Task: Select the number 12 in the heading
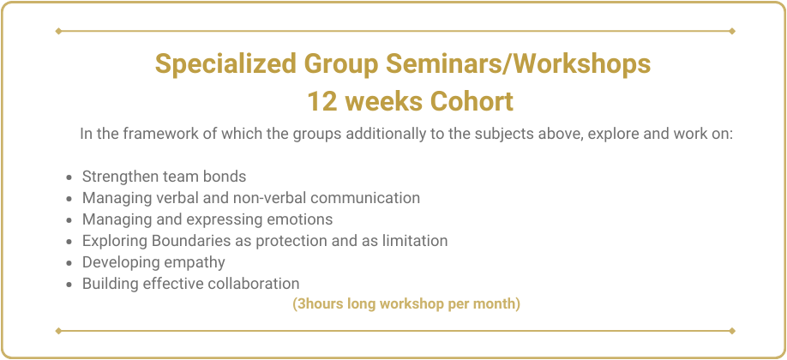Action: click(321, 101)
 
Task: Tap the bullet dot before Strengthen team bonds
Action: click(69, 177)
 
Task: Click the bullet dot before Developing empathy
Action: click(69, 263)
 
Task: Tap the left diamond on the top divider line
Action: click(58, 31)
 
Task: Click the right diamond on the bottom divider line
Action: click(732, 331)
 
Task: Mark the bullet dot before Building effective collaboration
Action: click(69, 285)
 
